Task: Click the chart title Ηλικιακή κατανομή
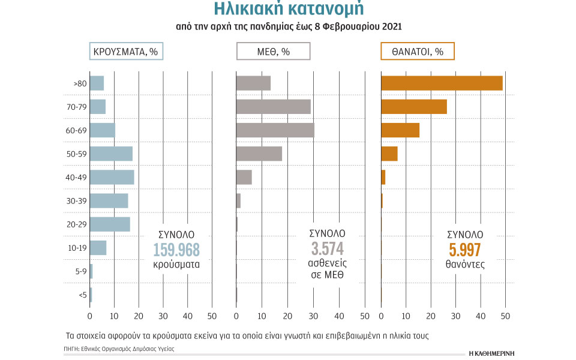tap(288, 10)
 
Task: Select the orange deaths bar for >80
tap(442, 83)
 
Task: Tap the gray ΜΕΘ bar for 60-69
tap(275, 130)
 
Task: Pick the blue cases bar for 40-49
tap(112, 178)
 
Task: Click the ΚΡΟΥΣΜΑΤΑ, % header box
tap(126, 52)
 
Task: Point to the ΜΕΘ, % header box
tap(273, 52)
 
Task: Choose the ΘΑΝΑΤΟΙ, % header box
tap(418, 52)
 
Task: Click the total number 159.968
tap(176, 250)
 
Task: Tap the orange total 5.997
tap(465, 250)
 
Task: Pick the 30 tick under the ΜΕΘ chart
tap(313, 316)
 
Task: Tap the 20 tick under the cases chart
tap(139, 316)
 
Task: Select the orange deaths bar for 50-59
tap(389, 154)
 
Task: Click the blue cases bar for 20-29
tap(110, 224)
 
